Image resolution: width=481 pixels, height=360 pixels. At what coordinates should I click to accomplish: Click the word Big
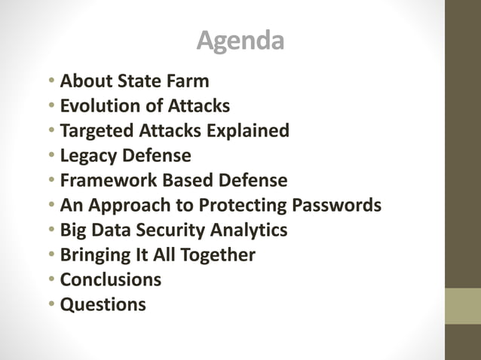[x=74, y=230]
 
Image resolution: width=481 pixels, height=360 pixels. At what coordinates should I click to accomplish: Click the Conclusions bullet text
[x=110, y=279]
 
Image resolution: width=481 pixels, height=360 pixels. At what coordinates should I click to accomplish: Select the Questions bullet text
[x=103, y=304]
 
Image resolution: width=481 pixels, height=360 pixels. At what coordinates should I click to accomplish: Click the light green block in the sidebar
[x=462, y=306]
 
